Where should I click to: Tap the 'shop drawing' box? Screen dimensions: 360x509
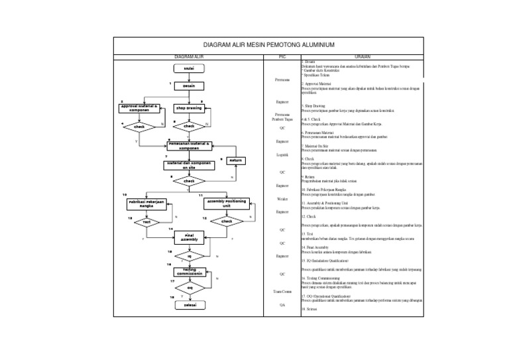tap(189, 108)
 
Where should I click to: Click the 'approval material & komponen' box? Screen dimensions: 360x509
tap(139, 108)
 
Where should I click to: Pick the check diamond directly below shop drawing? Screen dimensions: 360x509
tap(189, 126)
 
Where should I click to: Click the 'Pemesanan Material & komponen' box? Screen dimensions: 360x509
tap(189, 145)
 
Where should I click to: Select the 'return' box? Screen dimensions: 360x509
tap(237, 160)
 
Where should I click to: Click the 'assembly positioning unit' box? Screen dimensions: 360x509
tap(227, 204)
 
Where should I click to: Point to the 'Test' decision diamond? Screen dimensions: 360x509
tap(147, 222)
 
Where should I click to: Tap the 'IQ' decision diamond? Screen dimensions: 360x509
tap(189, 256)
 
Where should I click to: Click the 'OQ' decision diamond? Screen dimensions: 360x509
tap(189, 288)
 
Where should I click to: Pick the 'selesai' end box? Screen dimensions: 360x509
tap(189, 306)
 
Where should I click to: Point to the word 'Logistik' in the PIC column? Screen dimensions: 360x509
tap(282, 155)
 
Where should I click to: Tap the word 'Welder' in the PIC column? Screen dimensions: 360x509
tap(282, 199)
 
